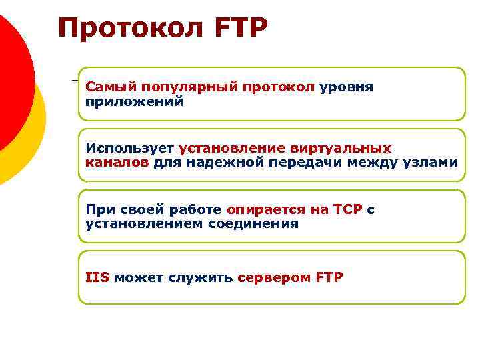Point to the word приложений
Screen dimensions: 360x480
133,102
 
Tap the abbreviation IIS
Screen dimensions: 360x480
97,277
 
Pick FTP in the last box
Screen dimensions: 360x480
329,277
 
